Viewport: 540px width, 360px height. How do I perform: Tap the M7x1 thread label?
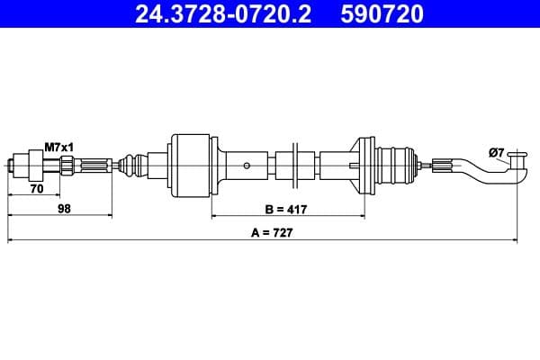(x=58, y=148)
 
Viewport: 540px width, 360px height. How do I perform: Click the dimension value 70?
(x=37, y=191)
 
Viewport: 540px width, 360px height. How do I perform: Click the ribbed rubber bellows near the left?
(x=132, y=164)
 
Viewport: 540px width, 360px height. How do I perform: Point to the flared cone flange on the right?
(x=364, y=164)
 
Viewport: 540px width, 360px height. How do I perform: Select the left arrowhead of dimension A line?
(x=12, y=240)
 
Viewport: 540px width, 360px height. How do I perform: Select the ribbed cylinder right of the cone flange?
(x=395, y=164)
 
